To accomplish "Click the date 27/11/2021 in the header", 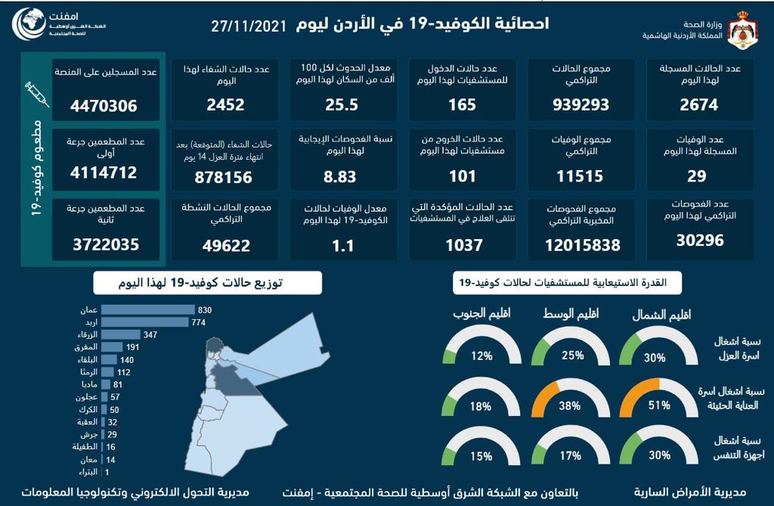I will tap(249, 25).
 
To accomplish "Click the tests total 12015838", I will tap(582, 245).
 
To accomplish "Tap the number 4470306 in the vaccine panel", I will tap(105, 106).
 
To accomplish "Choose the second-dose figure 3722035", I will tap(105, 245).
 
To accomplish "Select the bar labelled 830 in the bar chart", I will tap(147, 309).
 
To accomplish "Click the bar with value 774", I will tap(144, 322).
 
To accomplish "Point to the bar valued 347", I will tap(121, 334).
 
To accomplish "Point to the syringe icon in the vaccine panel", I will tap(36, 95).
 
